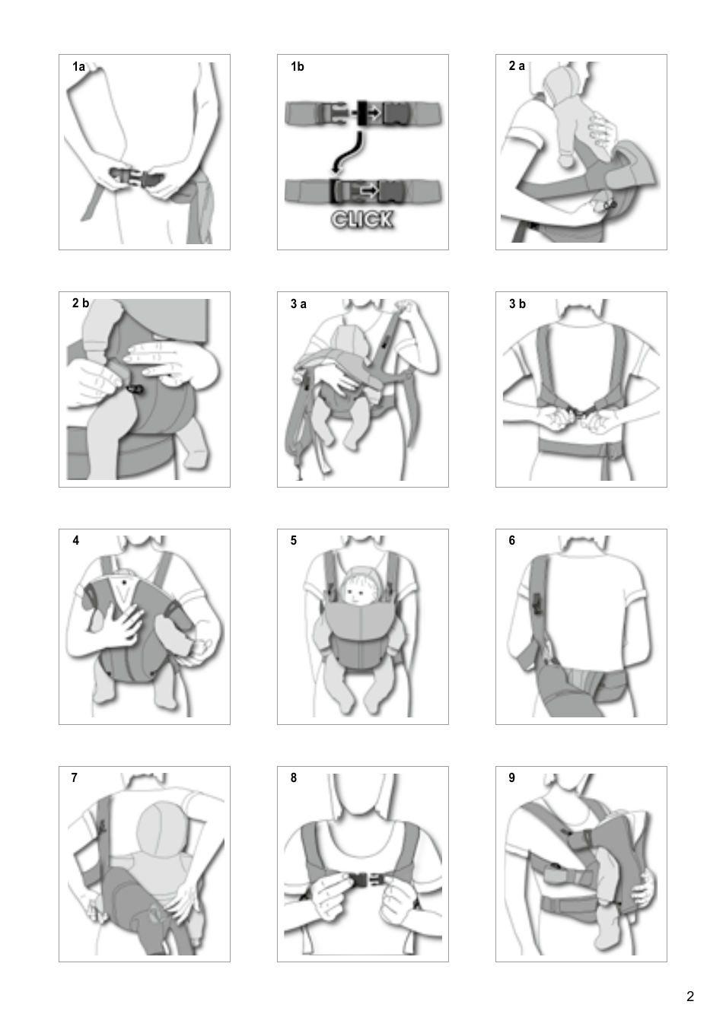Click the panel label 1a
point(78,67)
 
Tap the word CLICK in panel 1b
point(362,220)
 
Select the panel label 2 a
point(517,66)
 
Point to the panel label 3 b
point(517,304)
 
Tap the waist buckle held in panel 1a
point(135,180)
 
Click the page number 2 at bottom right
point(690,997)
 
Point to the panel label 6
point(511,541)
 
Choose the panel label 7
point(74,777)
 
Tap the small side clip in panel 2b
point(135,389)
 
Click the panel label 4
point(75,541)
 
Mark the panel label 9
point(511,777)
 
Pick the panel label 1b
point(297,67)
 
